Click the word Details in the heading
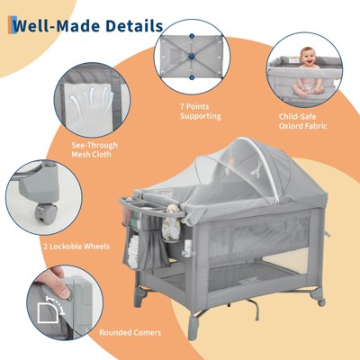click(x=134, y=25)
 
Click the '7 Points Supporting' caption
click(x=201, y=112)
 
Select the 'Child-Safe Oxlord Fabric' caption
click(x=302, y=121)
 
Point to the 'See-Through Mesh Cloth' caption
click(x=94, y=149)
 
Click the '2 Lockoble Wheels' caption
click(x=76, y=247)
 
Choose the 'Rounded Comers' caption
click(x=130, y=332)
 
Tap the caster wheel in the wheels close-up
click(x=45, y=211)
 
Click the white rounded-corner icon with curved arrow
click(x=51, y=309)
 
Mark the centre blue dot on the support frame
click(x=192, y=57)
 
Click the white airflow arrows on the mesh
click(x=92, y=100)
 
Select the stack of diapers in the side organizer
click(x=133, y=251)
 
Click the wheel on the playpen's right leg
click(x=321, y=302)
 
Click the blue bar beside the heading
click(x=12, y=25)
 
